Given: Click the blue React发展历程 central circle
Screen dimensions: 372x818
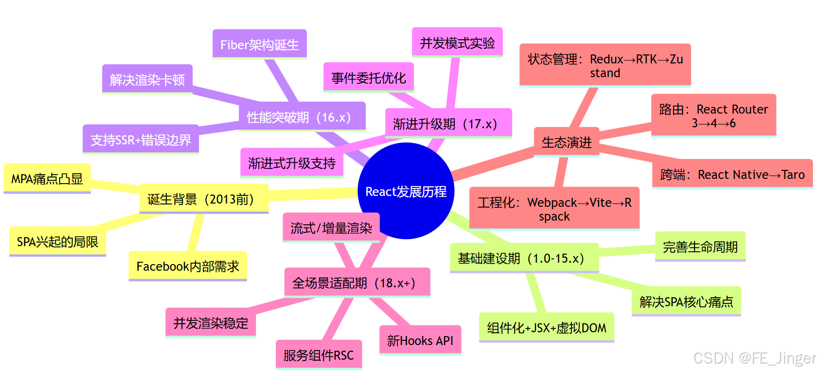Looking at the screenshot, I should (406, 191).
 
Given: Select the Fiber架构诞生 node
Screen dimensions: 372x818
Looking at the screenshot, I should (259, 44).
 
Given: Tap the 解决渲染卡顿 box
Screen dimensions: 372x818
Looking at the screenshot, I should (147, 80).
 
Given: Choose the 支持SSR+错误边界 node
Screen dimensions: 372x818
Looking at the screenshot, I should (141, 140).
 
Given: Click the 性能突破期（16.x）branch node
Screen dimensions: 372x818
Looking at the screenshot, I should (301, 117).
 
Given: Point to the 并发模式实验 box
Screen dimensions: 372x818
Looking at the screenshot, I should (457, 43).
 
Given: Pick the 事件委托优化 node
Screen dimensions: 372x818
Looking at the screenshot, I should (369, 78).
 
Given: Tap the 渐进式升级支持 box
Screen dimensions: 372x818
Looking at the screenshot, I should (291, 163).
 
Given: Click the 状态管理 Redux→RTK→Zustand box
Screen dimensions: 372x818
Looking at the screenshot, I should (605, 66).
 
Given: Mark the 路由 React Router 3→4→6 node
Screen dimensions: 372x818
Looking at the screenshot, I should (713, 116).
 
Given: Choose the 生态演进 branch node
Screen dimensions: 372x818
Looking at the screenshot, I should (566, 142).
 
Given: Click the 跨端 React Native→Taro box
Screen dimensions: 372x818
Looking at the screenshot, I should (732, 175).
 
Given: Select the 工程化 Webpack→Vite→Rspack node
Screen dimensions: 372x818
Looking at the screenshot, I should (554, 209).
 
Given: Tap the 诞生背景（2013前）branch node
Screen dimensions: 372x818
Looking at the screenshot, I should (204, 199).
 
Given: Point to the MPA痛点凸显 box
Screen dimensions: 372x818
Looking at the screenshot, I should (47, 179).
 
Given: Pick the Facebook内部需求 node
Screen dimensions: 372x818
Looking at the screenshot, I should (187, 266).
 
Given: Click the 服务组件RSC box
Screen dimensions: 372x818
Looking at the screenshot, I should (318, 355).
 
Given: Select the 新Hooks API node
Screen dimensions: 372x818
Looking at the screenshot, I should (420, 340).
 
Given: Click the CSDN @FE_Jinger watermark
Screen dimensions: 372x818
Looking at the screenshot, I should (754, 358).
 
